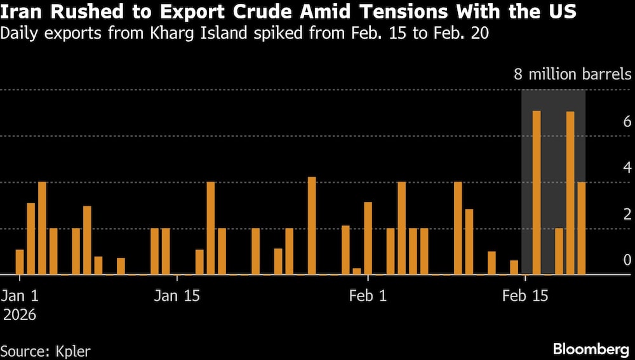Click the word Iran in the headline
click(x=20, y=12)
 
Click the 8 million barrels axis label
click(x=573, y=75)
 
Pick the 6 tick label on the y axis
click(x=626, y=121)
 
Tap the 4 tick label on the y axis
click(x=626, y=168)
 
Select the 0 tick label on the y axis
click(x=626, y=260)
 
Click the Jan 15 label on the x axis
click(x=176, y=296)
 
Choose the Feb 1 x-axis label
click(x=368, y=296)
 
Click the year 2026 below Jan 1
click(x=20, y=314)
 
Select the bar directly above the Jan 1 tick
click(x=20, y=262)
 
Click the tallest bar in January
click(x=312, y=226)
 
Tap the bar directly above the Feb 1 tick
click(x=368, y=239)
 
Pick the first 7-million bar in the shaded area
click(x=537, y=193)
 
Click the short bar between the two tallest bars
click(x=559, y=251)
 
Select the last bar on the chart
click(x=582, y=229)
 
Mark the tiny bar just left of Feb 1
click(x=357, y=272)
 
